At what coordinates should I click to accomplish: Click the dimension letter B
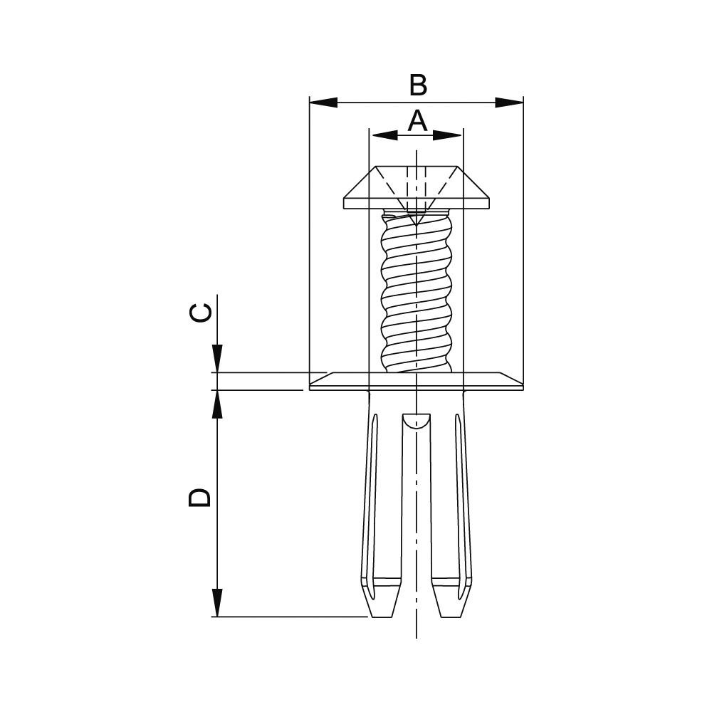[418, 85]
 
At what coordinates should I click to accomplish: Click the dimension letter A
[417, 120]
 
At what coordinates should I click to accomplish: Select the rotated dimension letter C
[200, 313]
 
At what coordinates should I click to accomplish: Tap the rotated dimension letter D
[200, 497]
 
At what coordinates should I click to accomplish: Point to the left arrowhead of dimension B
[323, 102]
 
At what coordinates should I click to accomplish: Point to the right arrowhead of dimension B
[509, 102]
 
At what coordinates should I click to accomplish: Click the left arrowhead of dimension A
[384, 135]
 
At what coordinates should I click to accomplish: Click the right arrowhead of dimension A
[448, 135]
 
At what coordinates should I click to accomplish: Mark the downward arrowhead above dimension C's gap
[217, 359]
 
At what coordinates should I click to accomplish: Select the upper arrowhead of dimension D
[217, 404]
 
